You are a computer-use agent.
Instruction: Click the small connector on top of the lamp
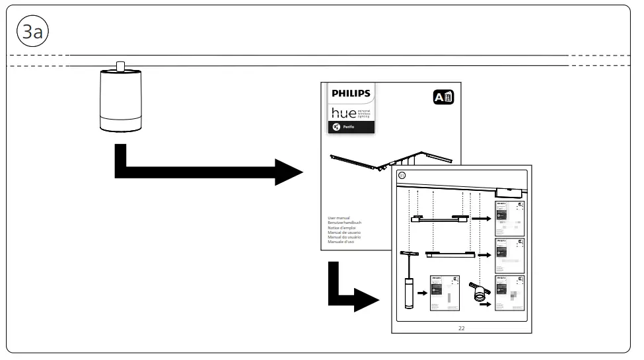coord(120,66)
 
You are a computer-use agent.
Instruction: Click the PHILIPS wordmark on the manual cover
coord(351,94)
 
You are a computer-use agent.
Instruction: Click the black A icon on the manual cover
coord(443,98)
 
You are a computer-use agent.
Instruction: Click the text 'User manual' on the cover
coord(339,218)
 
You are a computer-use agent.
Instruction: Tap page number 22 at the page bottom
coord(461,328)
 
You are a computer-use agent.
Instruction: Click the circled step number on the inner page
coord(402,175)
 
